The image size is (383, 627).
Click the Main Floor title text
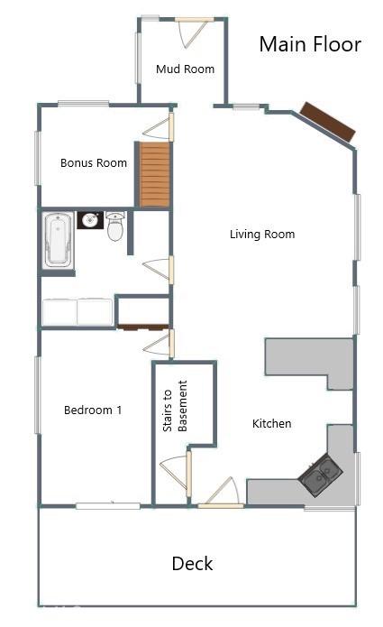(310, 44)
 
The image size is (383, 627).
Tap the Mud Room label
(185, 69)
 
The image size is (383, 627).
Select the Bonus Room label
(94, 163)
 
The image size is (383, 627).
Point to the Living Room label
(262, 235)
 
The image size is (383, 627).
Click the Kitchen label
(271, 423)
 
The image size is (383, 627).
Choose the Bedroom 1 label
(93, 410)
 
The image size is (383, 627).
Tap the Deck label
(192, 564)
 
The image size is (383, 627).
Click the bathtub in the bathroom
(59, 239)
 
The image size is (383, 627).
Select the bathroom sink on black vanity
(89, 220)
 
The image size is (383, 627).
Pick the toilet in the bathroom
(115, 227)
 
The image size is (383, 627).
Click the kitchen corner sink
(320, 475)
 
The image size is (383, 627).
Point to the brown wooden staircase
(154, 173)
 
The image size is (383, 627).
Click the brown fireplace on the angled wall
(327, 122)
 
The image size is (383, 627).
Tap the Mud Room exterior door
(193, 33)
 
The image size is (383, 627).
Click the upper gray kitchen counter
(307, 356)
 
